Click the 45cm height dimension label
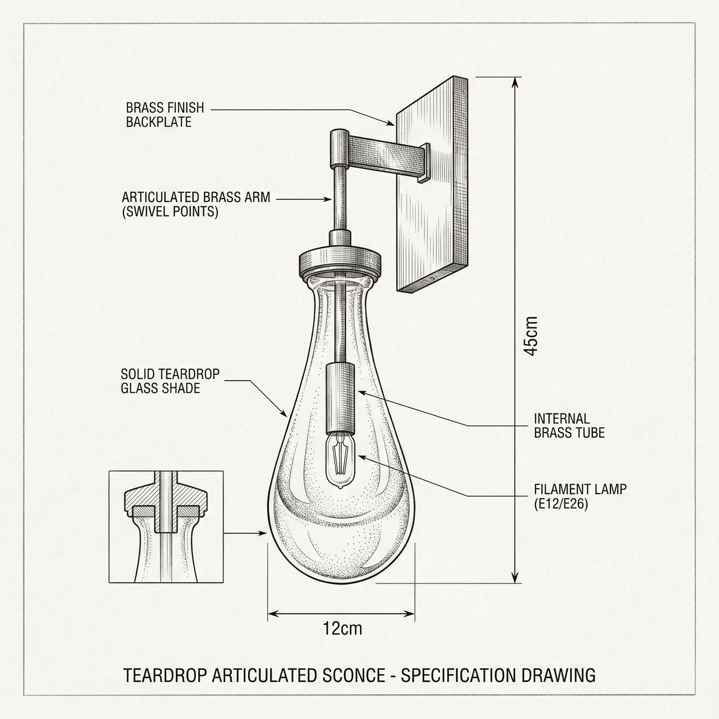[x=532, y=336]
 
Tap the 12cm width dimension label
[x=342, y=628]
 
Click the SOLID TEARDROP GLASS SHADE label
[x=170, y=381]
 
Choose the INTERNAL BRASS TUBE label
[x=569, y=426]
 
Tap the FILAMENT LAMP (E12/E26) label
[x=580, y=496]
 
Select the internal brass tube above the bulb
[x=340, y=398]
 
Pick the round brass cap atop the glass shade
[x=340, y=261]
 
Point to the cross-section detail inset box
[x=166, y=527]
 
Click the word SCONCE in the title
[x=354, y=675]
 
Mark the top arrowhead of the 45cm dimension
[x=515, y=83]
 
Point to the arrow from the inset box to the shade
[x=246, y=533]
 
